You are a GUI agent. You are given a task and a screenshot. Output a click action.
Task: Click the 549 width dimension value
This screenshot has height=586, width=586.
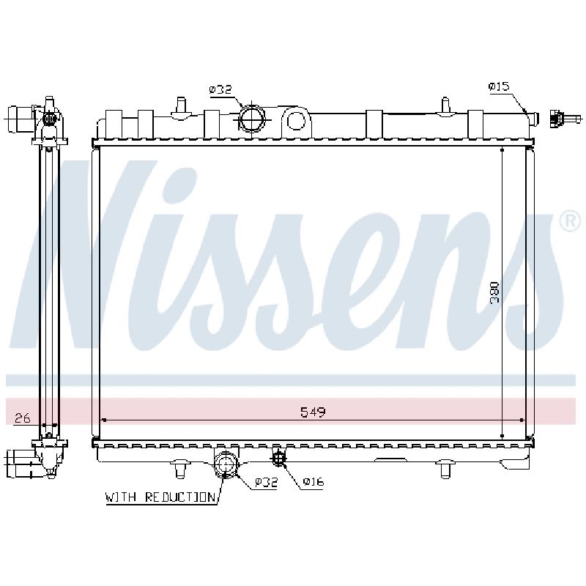[314, 412]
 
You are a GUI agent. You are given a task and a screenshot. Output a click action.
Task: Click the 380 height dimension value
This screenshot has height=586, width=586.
[494, 292]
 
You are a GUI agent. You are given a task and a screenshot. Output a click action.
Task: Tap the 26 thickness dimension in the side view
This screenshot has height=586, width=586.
[22, 418]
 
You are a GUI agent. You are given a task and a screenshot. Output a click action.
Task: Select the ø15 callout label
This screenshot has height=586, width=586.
[499, 86]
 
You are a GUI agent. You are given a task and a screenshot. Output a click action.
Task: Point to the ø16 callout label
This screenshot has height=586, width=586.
[314, 482]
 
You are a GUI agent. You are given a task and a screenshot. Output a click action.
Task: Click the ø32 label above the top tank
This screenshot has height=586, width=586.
[220, 89]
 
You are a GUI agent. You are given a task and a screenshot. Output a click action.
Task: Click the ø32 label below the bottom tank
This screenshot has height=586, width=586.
[266, 482]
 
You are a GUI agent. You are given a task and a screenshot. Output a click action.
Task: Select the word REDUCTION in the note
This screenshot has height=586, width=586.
[180, 497]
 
